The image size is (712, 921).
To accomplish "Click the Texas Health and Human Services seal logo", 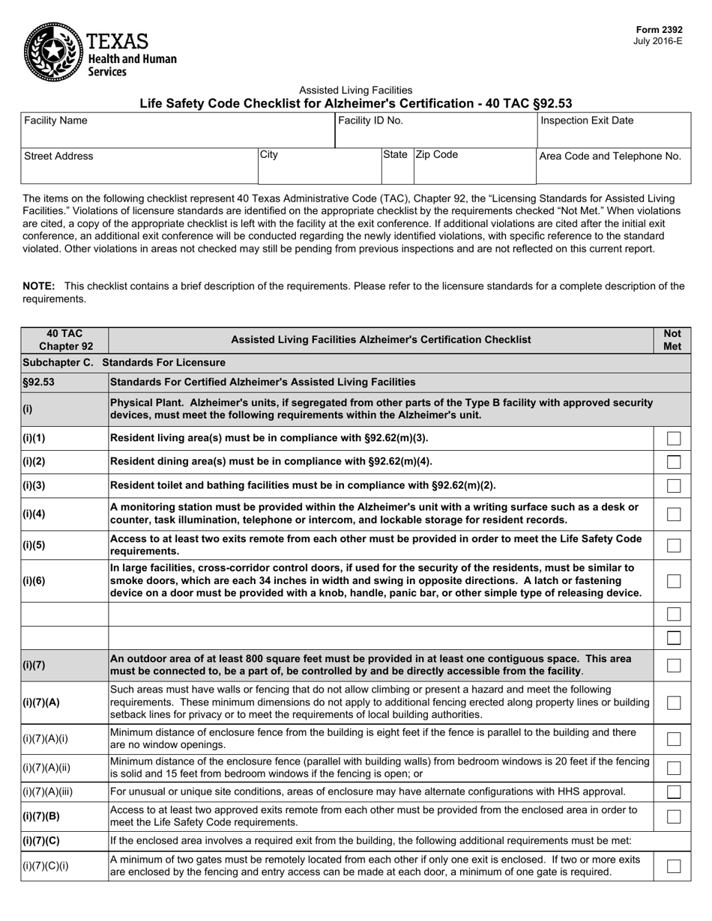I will click(52, 52).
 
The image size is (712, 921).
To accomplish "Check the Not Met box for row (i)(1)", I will click(674, 438).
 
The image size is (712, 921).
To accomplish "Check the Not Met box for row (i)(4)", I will click(674, 514).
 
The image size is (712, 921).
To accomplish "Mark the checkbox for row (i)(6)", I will click(674, 581).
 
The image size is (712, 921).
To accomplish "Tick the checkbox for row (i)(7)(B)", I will click(674, 816).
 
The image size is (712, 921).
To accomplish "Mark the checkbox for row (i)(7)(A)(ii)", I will click(674, 767).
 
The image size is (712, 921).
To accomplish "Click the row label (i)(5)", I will click(34, 545).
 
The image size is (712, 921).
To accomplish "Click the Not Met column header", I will click(672, 340).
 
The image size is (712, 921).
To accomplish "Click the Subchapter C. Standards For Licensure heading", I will click(124, 362).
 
